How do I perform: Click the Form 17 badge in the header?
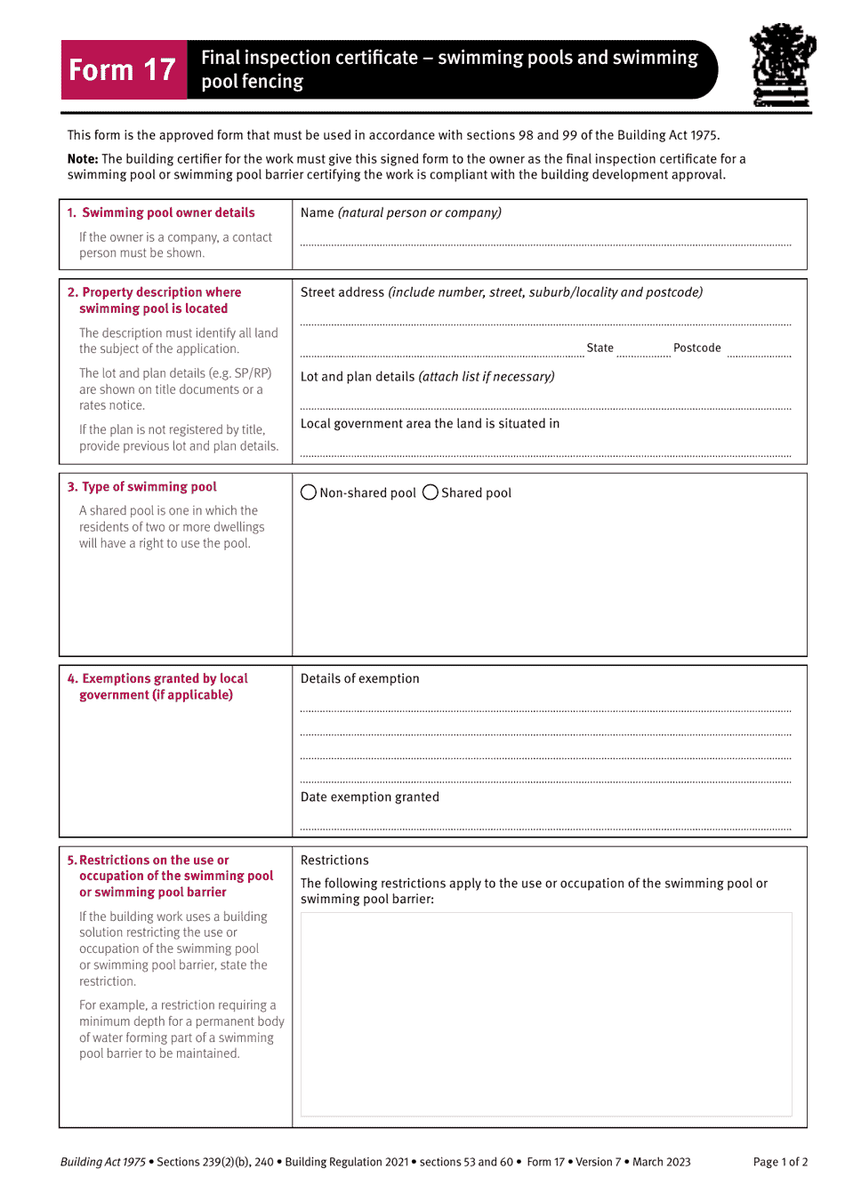(x=124, y=69)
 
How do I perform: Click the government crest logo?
(x=782, y=66)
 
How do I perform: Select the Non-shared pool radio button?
(x=309, y=492)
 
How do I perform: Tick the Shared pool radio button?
(x=431, y=492)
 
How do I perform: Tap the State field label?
(x=600, y=348)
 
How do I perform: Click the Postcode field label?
(x=696, y=348)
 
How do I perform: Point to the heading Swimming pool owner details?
(x=168, y=212)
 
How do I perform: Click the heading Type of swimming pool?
(x=149, y=487)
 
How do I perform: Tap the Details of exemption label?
(x=359, y=678)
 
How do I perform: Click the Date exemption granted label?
(x=369, y=797)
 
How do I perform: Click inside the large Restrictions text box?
(x=545, y=1013)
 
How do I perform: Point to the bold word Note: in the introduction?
(x=83, y=159)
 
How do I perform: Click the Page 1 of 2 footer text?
(x=779, y=1162)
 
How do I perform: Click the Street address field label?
(x=342, y=292)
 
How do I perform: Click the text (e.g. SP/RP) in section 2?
(x=240, y=373)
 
